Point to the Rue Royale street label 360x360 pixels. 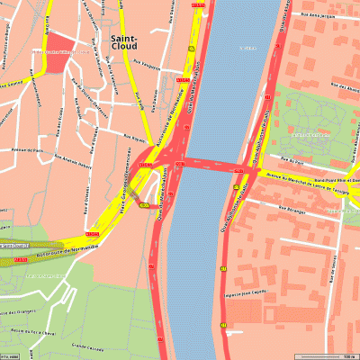(x=132, y=139)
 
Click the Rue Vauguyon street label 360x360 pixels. (x=146, y=67)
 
